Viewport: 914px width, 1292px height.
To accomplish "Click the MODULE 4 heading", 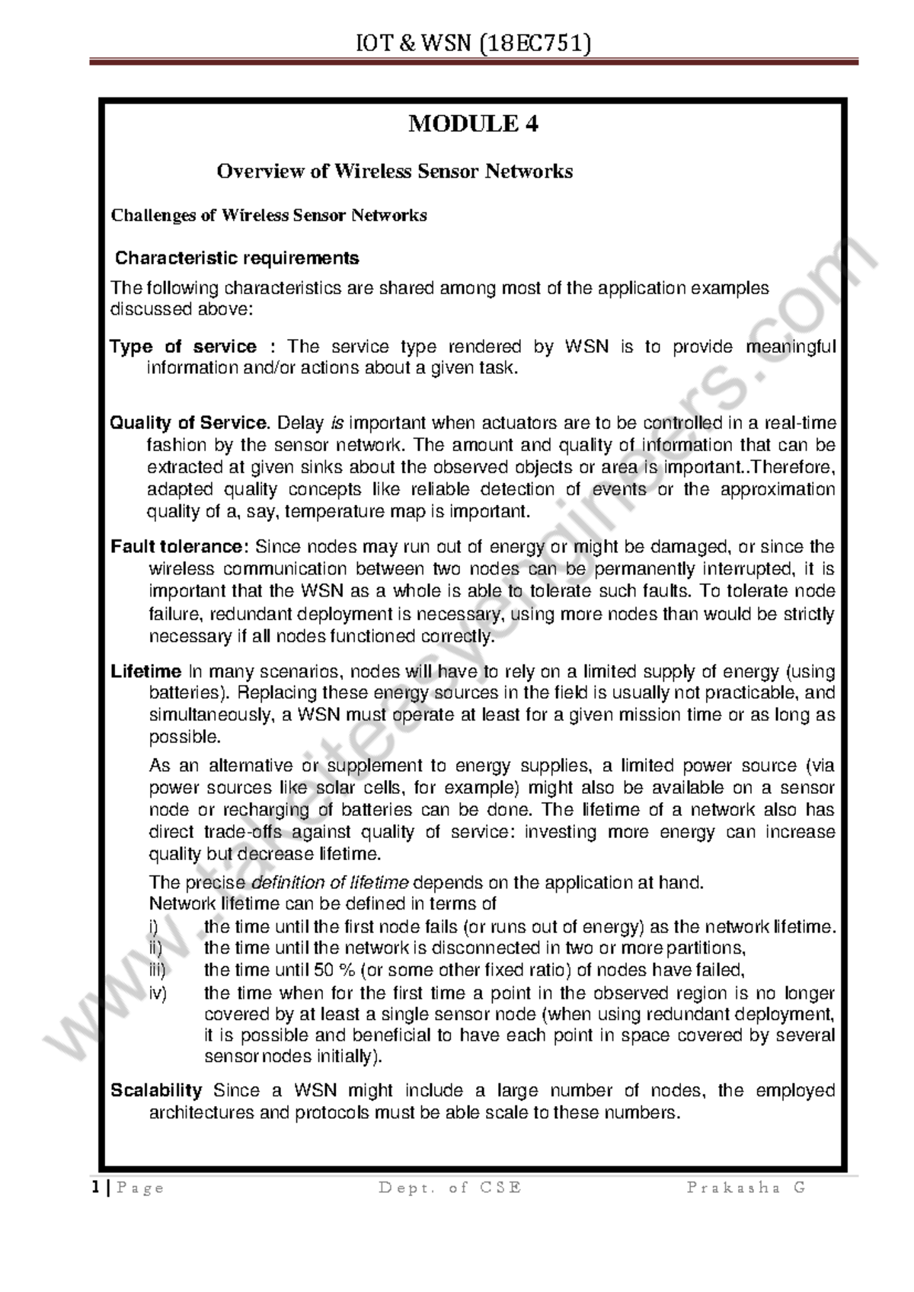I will pyautogui.click(x=473, y=123).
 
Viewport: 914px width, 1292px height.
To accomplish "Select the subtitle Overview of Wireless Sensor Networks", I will pyautogui.click(x=395, y=171).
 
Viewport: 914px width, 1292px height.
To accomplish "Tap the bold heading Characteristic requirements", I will pyautogui.click(x=237, y=258).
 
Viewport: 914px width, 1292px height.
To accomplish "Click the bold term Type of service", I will pyautogui.click(x=183, y=347).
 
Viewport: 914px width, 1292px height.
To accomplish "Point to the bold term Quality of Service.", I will pyautogui.click(x=190, y=423).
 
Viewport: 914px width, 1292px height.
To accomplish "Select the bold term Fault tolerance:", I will pyautogui.click(x=180, y=547).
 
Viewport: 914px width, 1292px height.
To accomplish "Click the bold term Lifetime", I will pyautogui.click(x=145, y=672).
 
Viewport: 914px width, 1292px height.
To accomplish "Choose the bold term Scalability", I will pyautogui.click(x=156, y=1091).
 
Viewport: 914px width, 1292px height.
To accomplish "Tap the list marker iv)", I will pyautogui.click(x=158, y=993).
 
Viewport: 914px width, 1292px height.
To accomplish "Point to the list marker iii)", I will pyautogui.click(x=157, y=970).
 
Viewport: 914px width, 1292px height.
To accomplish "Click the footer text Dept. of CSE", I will pyautogui.click(x=450, y=1188).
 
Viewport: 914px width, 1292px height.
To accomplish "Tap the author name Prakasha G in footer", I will pyautogui.click(x=746, y=1188).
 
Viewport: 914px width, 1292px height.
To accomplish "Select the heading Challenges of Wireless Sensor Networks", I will pyautogui.click(x=269, y=216).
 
